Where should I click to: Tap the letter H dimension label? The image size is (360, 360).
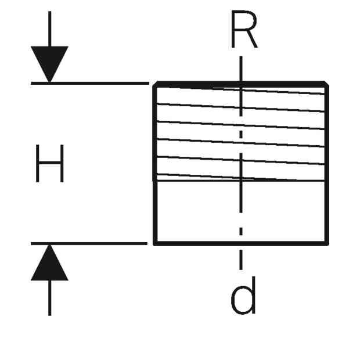[49, 163]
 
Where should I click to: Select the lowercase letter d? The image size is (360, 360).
[243, 295]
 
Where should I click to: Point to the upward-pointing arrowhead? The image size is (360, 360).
[49, 262]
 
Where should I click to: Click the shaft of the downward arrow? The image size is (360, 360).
[49, 28]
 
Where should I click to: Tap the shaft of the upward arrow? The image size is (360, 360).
[49, 298]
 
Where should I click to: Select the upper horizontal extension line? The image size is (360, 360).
[90, 84]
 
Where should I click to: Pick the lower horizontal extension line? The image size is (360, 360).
[89, 244]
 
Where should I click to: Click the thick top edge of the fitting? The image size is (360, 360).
[241, 84]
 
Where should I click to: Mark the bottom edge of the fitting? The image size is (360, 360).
[241, 244]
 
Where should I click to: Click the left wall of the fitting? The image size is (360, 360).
[155, 164]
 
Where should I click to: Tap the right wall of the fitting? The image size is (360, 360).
[327, 164]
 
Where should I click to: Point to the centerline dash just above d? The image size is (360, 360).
[241, 260]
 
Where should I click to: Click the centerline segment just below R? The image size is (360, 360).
[241, 69]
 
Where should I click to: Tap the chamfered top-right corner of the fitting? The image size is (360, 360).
[326, 84]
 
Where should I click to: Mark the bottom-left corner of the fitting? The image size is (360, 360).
[155, 244]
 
